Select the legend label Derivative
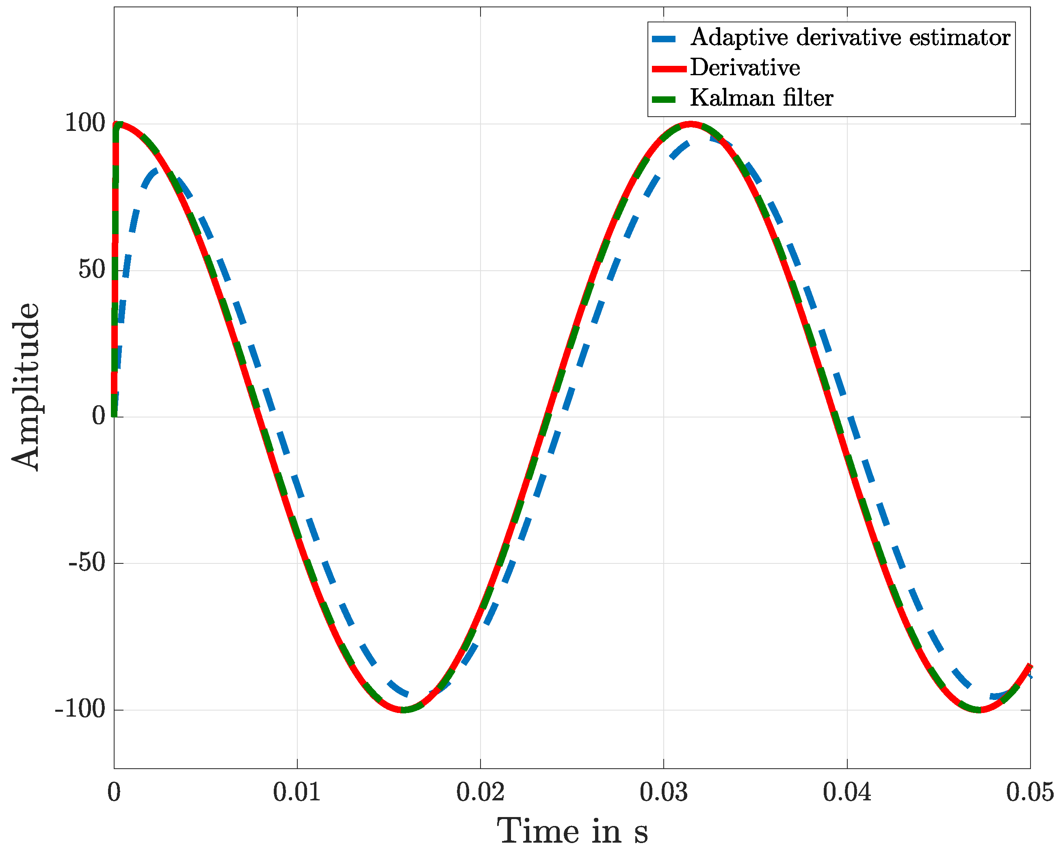coord(745,68)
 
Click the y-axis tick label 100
coord(85,123)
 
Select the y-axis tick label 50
coord(92,270)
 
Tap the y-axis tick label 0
coord(99,416)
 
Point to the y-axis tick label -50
coord(87,563)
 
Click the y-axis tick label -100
coord(80,709)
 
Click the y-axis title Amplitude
coord(26,387)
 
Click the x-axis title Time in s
coord(572,832)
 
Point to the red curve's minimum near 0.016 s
coord(403,710)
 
